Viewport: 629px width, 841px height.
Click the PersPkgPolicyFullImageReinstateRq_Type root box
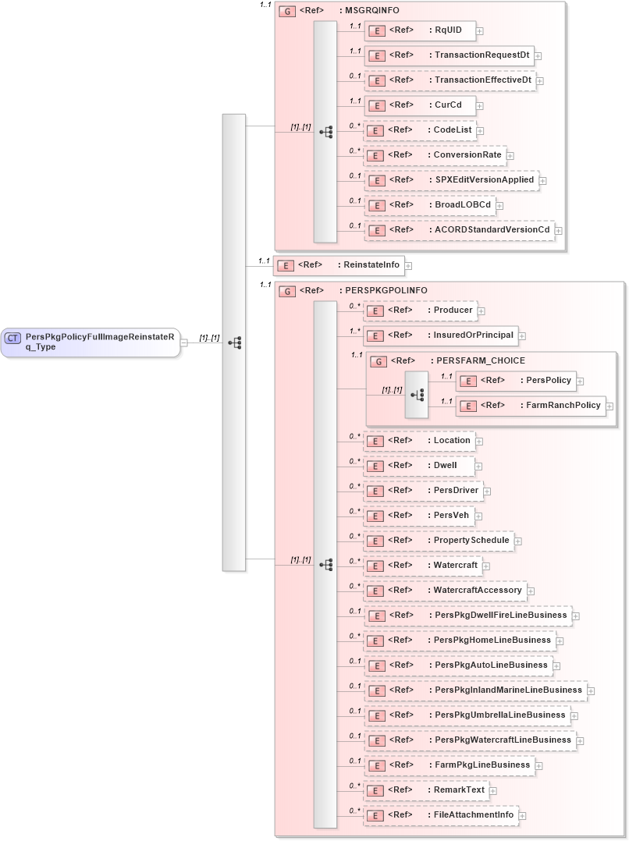pos(91,342)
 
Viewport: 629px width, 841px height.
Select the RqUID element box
pos(420,30)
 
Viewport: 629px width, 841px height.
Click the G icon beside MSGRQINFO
pos(287,12)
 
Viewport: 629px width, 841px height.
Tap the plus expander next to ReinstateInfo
pos(408,266)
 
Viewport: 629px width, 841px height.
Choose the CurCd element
pos(420,105)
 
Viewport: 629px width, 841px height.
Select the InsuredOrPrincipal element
pos(441,335)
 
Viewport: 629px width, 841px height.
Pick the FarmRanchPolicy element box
pos(531,406)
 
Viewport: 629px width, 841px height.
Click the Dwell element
pos(420,466)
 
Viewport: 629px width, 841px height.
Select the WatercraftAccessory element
pos(445,591)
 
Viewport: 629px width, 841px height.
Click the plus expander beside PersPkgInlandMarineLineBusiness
pos(592,691)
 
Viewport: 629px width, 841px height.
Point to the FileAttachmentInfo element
pos(441,815)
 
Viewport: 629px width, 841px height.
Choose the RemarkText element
pos(426,790)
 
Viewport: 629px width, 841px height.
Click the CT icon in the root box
pos(13,338)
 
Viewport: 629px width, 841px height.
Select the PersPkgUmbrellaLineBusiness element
pos(467,715)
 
